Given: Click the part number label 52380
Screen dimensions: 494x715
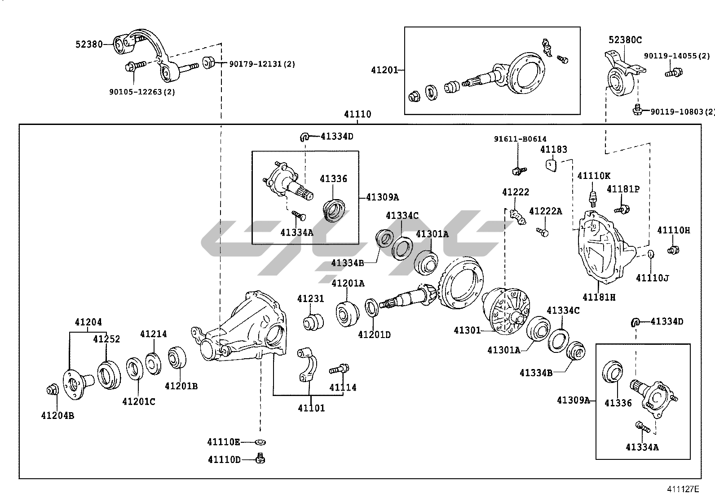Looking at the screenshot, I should click(89, 44).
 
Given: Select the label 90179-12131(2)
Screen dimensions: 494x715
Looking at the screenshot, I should click(262, 64).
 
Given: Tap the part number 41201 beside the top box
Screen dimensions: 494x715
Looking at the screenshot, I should click(384, 70).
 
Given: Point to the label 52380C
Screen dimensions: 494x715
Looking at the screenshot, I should click(625, 40).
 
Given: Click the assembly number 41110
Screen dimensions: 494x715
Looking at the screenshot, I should click(357, 114).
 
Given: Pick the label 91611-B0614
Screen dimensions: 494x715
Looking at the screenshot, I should click(521, 139).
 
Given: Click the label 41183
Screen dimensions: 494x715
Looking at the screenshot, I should click(554, 149).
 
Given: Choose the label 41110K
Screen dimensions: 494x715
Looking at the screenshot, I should click(594, 176).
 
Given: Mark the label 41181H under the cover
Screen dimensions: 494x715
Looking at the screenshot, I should click(599, 298).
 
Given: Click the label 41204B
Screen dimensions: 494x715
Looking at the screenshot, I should click(57, 416).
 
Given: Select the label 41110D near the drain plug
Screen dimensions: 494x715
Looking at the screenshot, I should click(224, 459).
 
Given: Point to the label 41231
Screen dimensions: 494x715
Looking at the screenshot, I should click(310, 299).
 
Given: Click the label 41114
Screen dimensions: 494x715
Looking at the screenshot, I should click(343, 387).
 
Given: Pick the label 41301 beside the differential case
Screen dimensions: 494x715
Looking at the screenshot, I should click(467, 330).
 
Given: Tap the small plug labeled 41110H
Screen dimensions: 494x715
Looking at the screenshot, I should click(673, 250).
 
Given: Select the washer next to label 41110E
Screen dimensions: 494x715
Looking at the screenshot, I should click(259, 442).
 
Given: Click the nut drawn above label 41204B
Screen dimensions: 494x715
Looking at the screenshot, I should click(52, 390).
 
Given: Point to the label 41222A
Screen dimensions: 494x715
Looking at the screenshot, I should click(545, 211).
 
